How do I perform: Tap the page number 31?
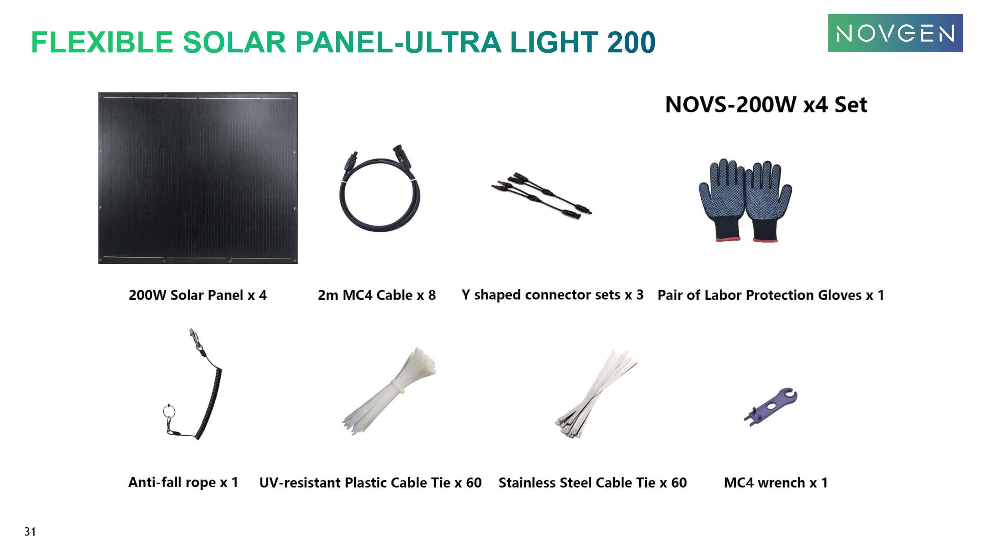click(x=30, y=531)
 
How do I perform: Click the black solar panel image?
click(x=198, y=178)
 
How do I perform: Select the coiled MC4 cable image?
click(x=379, y=191)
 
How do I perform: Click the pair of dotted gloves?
click(x=745, y=200)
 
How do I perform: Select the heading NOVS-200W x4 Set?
click(x=766, y=105)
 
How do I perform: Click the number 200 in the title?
click(x=631, y=42)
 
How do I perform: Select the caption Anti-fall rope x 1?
click(x=183, y=482)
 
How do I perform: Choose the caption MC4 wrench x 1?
click(x=775, y=483)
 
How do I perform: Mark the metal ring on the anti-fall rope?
click(x=169, y=411)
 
